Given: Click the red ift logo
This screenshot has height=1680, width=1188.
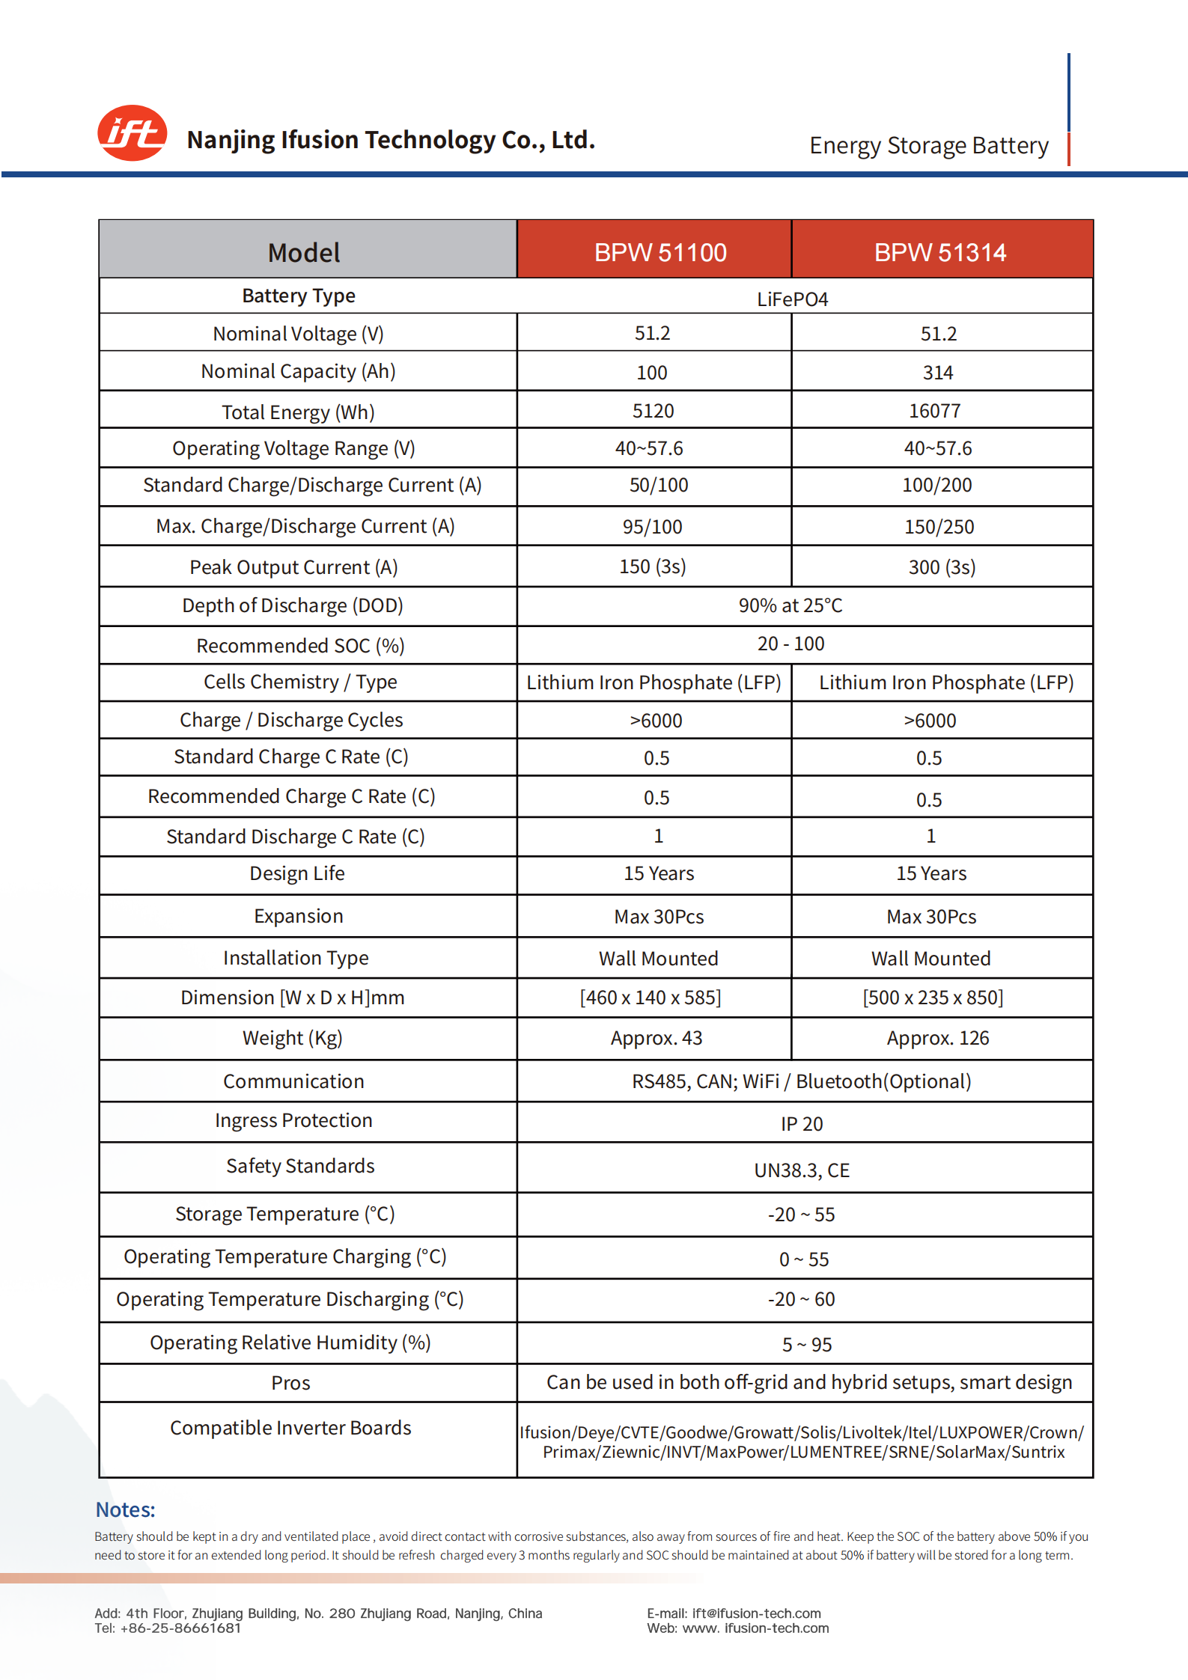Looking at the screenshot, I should coord(132,133).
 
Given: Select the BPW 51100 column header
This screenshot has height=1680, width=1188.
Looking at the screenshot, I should coord(660,253).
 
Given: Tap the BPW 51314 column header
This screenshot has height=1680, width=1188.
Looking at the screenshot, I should coord(939,253).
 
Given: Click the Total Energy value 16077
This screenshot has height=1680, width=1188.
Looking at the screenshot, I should coord(934,411).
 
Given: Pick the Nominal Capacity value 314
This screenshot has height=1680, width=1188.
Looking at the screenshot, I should coord(937,373).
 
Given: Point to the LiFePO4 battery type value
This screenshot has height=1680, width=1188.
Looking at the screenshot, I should coord(792,299).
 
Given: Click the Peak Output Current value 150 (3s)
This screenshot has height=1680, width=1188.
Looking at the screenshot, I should coord(652,566).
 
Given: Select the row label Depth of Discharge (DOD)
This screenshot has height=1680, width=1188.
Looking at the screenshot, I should coord(293,605).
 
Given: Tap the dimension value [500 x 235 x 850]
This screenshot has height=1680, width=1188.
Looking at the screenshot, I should coord(933,998).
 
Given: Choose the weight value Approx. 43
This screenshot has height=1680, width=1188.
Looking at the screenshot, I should coord(657,1038).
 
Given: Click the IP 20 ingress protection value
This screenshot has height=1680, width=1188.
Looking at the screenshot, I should coord(802,1124).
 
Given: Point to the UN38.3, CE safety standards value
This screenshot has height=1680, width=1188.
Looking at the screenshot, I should coord(802,1170).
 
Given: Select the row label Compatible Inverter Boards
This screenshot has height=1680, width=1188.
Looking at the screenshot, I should coord(290,1428).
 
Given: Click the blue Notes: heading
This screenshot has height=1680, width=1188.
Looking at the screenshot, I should coord(125,1509).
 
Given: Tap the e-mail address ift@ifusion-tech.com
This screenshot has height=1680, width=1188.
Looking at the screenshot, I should coord(756,1613).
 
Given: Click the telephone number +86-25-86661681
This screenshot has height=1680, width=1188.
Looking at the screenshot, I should coord(180,1628).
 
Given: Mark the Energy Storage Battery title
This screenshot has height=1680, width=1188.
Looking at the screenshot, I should coord(928,145).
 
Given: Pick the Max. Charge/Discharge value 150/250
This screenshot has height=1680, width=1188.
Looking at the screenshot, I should coord(939,527).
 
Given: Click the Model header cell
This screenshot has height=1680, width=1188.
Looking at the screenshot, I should coord(304,253).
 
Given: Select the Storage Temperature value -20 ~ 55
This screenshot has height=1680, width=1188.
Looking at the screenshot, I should coord(801,1215).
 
